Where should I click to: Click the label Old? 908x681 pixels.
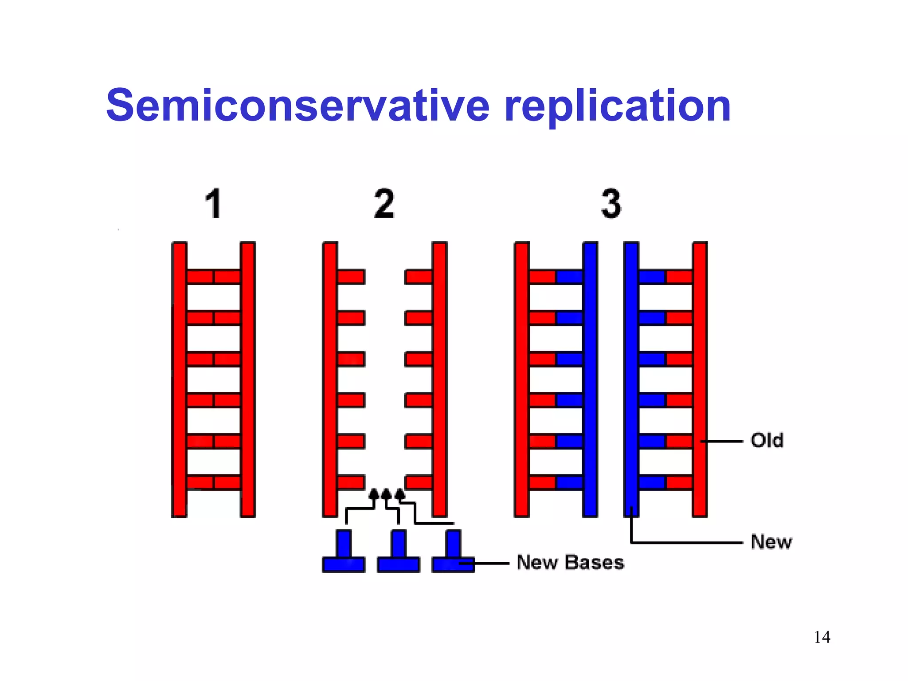click(x=767, y=441)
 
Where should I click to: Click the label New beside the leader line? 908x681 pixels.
click(x=771, y=542)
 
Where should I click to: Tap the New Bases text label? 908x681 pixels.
click(x=570, y=562)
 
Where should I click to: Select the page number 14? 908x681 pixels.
click(x=822, y=637)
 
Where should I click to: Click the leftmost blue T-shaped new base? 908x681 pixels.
click(x=344, y=554)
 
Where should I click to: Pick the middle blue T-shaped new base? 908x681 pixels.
click(x=398, y=554)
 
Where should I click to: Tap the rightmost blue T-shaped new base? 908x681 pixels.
click(x=453, y=554)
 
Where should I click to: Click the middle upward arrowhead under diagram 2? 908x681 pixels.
click(x=386, y=493)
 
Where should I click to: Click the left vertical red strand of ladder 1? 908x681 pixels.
click(x=179, y=379)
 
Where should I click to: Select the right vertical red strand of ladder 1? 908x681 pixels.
click(x=248, y=379)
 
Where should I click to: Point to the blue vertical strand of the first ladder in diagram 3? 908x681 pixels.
click(x=590, y=379)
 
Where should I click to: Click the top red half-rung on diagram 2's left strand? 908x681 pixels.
click(x=351, y=277)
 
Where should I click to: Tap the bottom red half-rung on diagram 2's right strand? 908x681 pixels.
click(x=419, y=482)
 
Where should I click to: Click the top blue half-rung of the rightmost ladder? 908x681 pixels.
click(x=652, y=277)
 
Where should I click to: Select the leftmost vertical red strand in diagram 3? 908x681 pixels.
click(x=522, y=379)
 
